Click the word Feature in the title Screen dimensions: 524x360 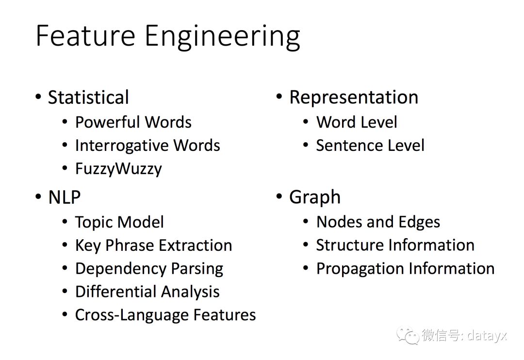[x=85, y=36]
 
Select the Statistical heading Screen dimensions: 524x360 [x=88, y=97]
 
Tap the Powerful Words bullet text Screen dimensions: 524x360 [x=133, y=122]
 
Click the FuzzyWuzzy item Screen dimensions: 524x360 [x=118, y=169]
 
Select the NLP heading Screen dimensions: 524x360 [x=64, y=197]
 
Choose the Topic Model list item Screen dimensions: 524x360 [x=119, y=222]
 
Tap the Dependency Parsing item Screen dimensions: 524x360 [x=149, y=269]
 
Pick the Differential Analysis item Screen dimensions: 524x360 [x=147, y=292]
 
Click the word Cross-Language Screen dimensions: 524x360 [x=131, y=315]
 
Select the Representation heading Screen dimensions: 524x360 [x=353, y=97]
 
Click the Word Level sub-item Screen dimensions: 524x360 [x=357, y=122]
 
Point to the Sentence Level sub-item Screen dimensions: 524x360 [x=370, y=146]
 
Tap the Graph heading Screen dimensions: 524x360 [x=314, y=197]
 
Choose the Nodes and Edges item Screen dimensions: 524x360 [x=378, y=222]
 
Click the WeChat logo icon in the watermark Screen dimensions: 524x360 [x=407, y=335]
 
